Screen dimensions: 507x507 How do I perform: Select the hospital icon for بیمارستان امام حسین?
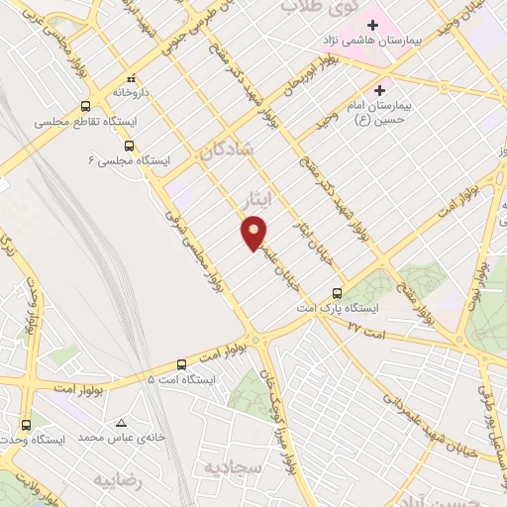(379, 90)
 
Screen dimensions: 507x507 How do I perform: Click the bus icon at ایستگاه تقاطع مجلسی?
(85, 106)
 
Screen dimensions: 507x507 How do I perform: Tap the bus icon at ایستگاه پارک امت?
(338, 292)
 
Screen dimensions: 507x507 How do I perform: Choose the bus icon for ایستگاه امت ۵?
(181, 364)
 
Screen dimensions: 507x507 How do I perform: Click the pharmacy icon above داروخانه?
(130, 77)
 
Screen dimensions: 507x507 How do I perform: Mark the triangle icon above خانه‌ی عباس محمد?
(121, 421)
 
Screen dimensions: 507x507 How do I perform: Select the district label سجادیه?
(235, 466)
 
